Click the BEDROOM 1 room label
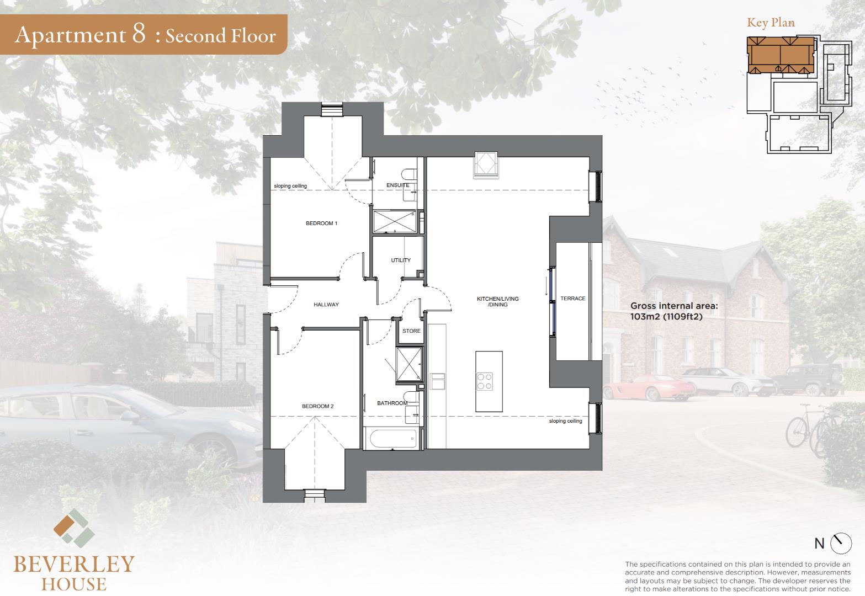click(321, 223)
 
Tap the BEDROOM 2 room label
click(317, 406)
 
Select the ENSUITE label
click(398, 185)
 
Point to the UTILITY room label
click(401, 260)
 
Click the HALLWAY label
click(326, 305)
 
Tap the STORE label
click(411, 331)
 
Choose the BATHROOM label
click(392, 403)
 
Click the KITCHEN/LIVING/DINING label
click(497, 301)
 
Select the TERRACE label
click(572, 299)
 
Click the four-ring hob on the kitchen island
click(485, 381)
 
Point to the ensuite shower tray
click(395, 222)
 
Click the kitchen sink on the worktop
click(438, 381)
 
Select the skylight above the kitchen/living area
click(486, 164)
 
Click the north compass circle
click(841, 544)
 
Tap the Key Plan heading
click(771, 23)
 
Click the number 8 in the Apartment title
click(139, 34)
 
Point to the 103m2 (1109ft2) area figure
click(666, 317)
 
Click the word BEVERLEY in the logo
click(74, 565)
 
